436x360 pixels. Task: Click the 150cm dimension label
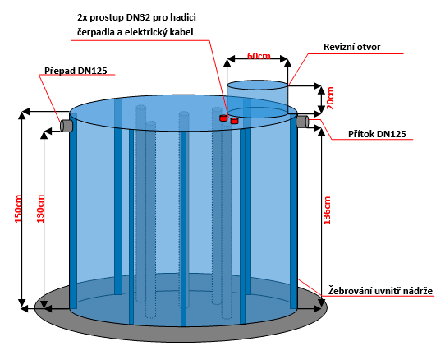pos(18,209)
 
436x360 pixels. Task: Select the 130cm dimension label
pos(40,209)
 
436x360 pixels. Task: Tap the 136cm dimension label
pos(327,210)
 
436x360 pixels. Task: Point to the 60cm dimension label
pos(259,56)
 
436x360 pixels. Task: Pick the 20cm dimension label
pos(330,98)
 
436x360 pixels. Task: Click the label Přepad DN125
pos(76,71)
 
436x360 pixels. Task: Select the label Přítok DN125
pos(377,134)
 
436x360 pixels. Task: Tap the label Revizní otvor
pos(351,47)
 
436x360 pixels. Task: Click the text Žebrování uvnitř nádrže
pos(380,291)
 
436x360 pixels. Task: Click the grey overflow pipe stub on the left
pos(67,126)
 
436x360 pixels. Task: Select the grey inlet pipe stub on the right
pos(302,122)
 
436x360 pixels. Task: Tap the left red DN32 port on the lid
pos(223,118)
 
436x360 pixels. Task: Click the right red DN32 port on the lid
pos(234,121)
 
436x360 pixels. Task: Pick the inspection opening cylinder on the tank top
pos(258,99)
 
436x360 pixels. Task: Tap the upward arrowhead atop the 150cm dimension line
pos(21,115)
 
